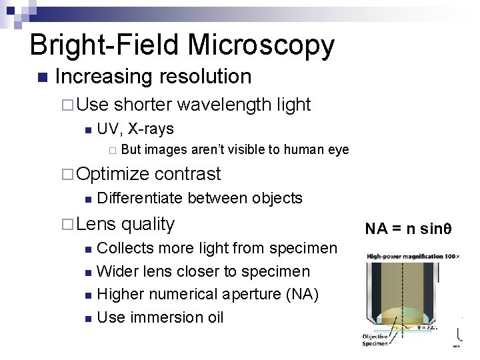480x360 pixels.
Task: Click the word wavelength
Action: (225, 105)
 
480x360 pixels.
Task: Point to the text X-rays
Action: (151, 128)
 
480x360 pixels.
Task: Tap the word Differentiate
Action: (139, 198)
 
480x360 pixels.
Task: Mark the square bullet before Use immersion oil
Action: (89, 317)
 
